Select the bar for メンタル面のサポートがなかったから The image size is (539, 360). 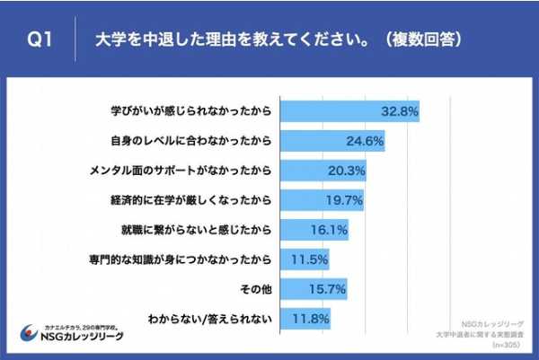tap(324, 171)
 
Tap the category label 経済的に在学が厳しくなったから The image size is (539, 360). tap(209, 200)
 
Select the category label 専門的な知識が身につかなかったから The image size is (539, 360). tap(199, 259)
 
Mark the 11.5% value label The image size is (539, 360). tap(308, 259)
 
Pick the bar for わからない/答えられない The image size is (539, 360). tap(305, 318)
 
